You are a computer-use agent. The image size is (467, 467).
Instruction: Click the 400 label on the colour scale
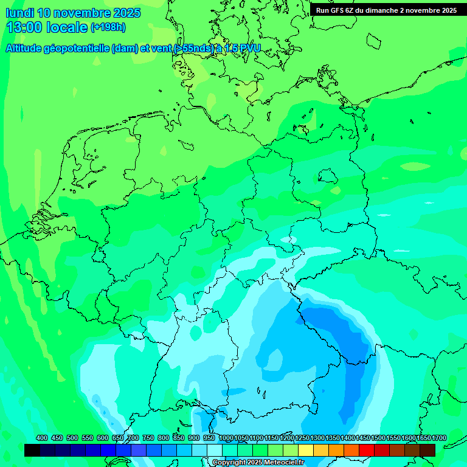tap(42, 438)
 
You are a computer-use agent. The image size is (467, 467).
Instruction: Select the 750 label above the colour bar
tap(148, 438)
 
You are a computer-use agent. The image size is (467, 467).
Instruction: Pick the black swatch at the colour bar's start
tap(32, 450)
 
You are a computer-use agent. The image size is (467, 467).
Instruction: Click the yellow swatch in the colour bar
tap(306, 450)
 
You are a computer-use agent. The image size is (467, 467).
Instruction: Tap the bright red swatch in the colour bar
tap(367, 450)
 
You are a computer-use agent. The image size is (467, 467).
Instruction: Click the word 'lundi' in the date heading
tap(19, 13)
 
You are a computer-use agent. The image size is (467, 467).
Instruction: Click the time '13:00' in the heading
tap(25, 27)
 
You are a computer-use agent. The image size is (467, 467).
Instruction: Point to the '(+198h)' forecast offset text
tap(108, 27)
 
